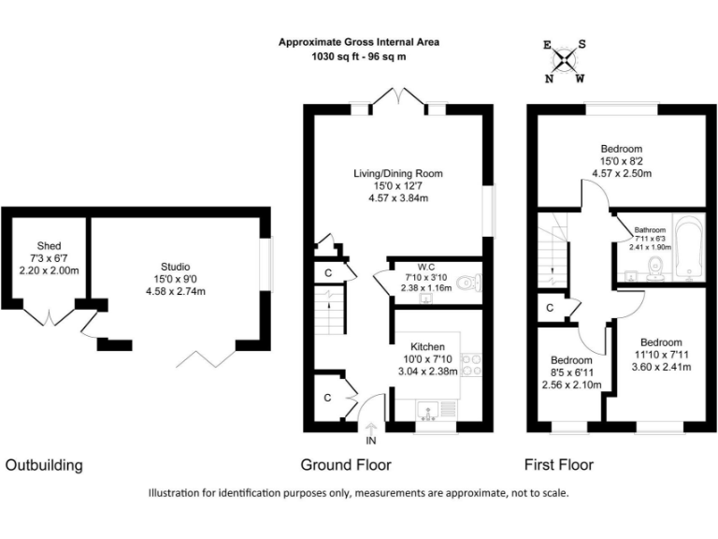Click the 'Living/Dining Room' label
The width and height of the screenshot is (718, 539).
pos(397,173)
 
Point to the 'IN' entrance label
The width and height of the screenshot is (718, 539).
pos(371,440)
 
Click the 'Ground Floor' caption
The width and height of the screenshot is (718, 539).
pos(345,465)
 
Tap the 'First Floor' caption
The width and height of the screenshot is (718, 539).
pos(559,465)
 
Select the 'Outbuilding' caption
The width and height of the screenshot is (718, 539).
pos(45,465)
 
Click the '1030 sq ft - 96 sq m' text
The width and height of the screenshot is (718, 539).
pos(359,57)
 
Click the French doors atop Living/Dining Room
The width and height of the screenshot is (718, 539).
pos(398,97)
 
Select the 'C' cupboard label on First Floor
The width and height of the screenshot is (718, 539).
pos(550,307)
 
